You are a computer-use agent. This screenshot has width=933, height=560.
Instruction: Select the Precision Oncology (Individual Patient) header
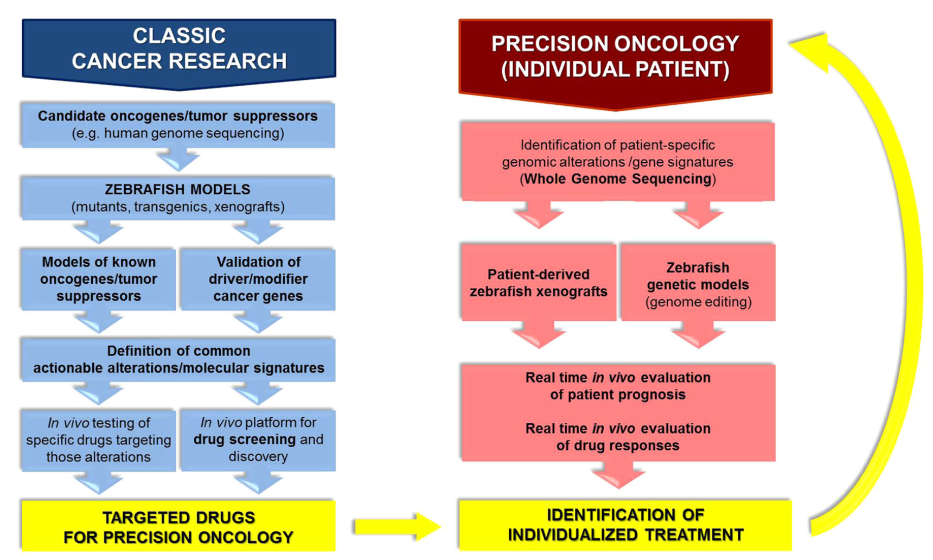click(615, 57)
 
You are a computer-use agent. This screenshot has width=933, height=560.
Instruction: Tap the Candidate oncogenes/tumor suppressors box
click(178, 124)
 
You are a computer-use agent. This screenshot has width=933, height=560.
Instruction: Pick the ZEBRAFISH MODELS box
click(178, 198)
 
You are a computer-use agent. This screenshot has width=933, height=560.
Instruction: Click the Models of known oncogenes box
click(99, 279)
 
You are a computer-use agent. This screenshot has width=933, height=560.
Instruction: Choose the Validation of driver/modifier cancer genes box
click(258, 279)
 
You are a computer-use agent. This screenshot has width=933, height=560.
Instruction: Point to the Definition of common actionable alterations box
click(178, 359)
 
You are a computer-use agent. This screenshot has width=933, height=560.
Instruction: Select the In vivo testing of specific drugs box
click(99, 440)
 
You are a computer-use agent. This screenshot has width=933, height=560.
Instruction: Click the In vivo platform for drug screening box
click(258, 440)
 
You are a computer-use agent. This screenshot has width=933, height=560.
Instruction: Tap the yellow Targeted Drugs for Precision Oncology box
click(178, 526)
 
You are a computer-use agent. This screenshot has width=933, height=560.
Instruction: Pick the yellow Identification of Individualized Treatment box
click(625, 525)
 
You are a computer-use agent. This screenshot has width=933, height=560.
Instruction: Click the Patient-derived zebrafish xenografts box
click(538, 283)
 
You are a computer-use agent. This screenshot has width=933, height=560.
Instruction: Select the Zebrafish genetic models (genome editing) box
click(698, 284)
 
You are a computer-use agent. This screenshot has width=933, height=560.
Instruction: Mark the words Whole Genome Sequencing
click(618, 179)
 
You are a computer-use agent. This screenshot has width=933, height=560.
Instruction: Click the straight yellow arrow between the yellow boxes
click(396, 526)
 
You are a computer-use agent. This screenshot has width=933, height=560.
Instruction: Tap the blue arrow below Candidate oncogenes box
click(178, 159)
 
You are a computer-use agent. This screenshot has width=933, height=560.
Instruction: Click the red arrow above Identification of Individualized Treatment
click(618, 475)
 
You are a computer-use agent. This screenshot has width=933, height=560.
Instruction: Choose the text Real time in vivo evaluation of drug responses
click(618, 437)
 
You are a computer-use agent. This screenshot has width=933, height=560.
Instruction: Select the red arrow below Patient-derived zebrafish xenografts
click(539, 334)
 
